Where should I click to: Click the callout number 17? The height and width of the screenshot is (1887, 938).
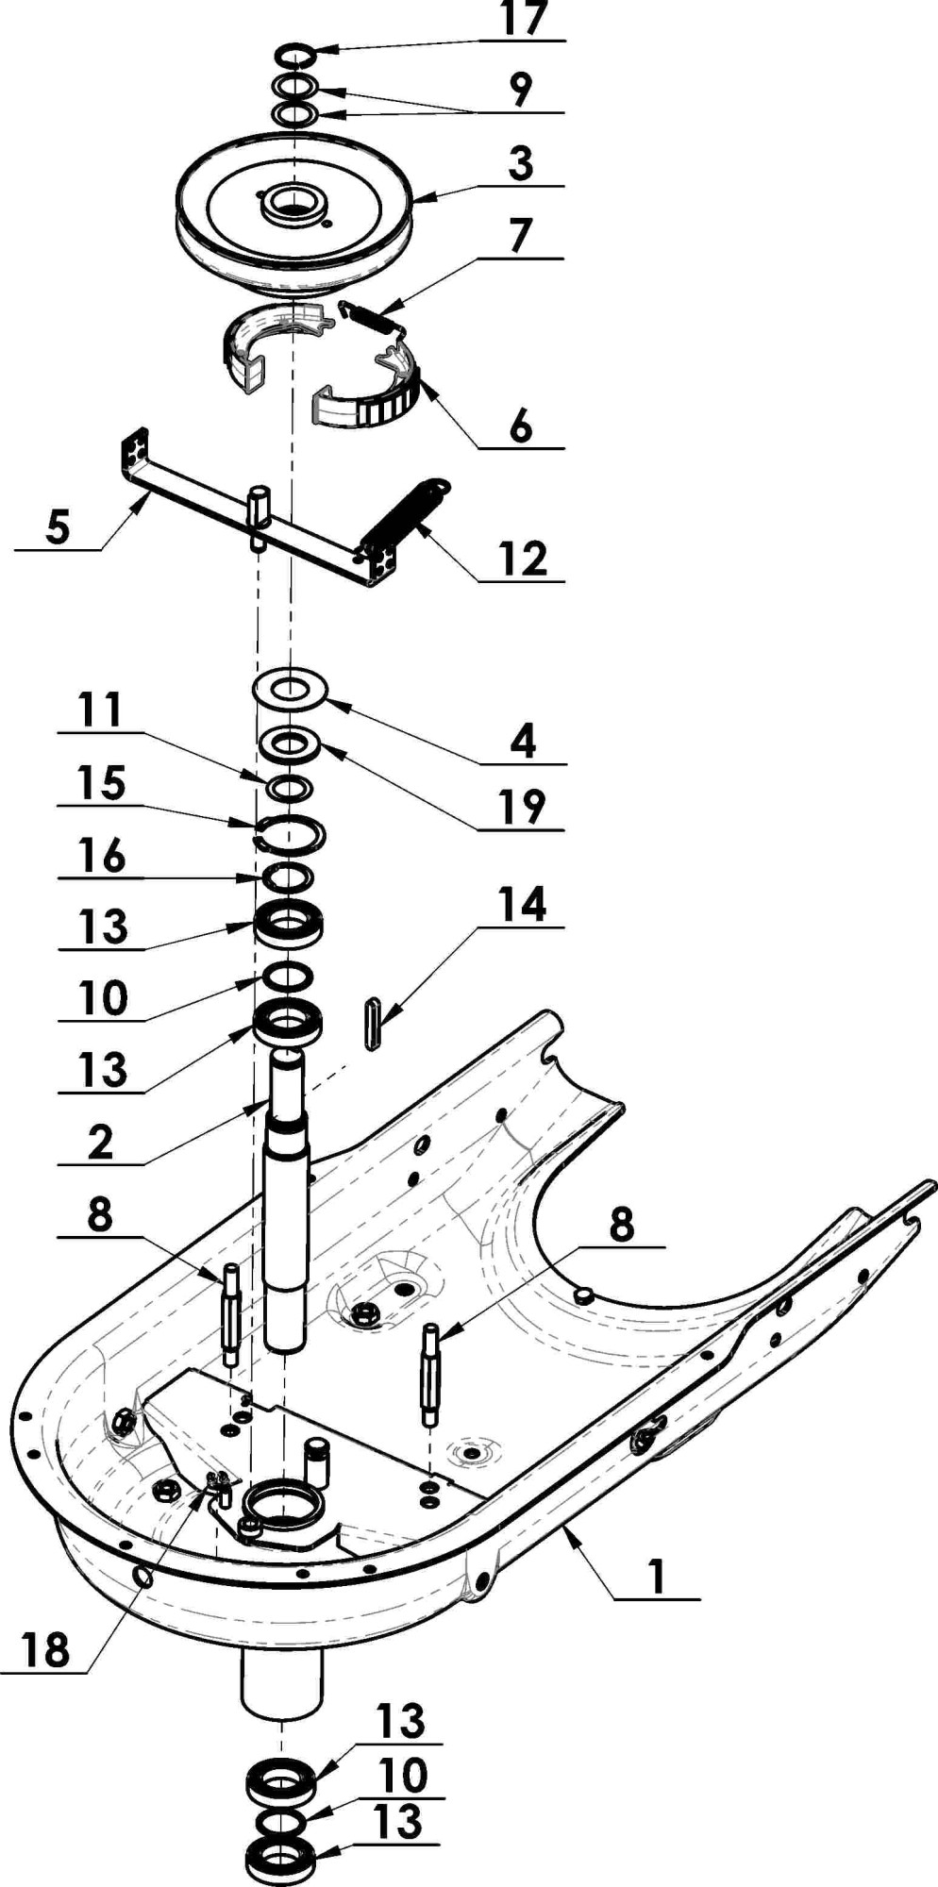pyautogui.click(x=524, y=20)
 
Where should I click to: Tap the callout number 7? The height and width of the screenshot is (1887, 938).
pyautogui.click(x=521, y=236)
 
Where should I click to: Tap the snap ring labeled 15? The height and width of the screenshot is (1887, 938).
pyautogui.click(x=292, y=832)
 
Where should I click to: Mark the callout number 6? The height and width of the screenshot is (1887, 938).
pyautogui.click(x=521, y=426)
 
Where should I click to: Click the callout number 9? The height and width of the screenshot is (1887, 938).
pyautogui.click(x=521, y=91)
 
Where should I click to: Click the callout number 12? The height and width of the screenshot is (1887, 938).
pyautogui.click(x=522, y=559)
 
